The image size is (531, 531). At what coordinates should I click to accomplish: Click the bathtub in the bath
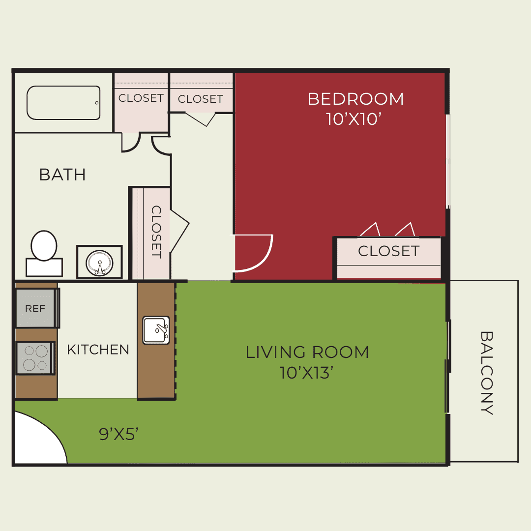click(63, 103)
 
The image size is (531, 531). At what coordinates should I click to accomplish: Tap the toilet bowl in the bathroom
click(44, 245)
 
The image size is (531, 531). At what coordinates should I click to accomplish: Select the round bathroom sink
click(99, 263)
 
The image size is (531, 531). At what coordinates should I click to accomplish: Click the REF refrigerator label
click(35, 308)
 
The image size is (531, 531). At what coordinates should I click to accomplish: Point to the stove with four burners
click(35, 358)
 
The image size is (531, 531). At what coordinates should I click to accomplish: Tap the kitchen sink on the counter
click(156, 330)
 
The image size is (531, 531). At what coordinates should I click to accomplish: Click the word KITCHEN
click(98, 350)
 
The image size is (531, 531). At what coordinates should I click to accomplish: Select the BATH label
click(62, 175)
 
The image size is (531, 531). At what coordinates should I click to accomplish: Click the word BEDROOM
click(355, 99)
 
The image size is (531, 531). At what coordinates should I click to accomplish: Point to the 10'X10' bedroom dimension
click(354, 119)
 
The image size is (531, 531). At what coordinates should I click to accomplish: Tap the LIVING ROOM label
click(307, 352)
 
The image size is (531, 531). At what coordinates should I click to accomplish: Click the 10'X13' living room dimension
click(306, 373)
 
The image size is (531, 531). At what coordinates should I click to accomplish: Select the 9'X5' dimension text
click(119, 434)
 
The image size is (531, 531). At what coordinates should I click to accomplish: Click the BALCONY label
click(487, 373)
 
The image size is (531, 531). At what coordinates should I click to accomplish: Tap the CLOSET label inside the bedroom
click(389, 251)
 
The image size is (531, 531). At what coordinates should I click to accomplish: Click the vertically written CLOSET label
click(156, 232)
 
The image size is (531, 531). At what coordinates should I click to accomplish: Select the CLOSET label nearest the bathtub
click(141, 98)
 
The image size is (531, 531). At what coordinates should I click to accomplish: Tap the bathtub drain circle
click(97, 103)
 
